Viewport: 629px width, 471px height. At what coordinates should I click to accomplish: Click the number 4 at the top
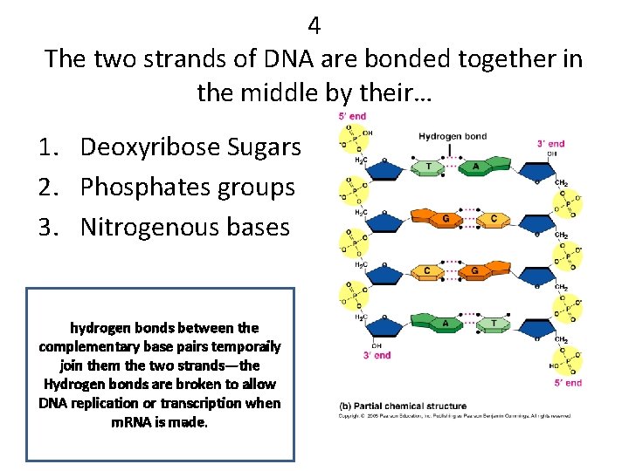pos(314,26)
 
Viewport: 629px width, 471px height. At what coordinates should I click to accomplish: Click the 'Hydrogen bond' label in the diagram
pos(453,136)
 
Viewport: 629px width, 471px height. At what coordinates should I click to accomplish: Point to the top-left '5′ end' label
pos(352,116)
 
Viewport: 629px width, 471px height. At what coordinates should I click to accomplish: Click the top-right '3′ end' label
pos(550,144)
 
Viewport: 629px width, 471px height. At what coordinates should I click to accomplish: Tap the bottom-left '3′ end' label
pos(377,355)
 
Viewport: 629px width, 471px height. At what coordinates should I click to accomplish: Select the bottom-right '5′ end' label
pos(568,382)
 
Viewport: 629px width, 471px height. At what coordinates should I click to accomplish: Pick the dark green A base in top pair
pos(476,167)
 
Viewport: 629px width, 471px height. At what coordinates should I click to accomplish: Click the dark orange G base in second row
pos(446,219)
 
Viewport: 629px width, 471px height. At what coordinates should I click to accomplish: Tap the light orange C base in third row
pos(426,271)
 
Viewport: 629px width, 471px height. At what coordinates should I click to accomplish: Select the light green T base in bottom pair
pos(494,323)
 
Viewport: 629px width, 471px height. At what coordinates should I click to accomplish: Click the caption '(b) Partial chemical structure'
pos(403,406)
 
